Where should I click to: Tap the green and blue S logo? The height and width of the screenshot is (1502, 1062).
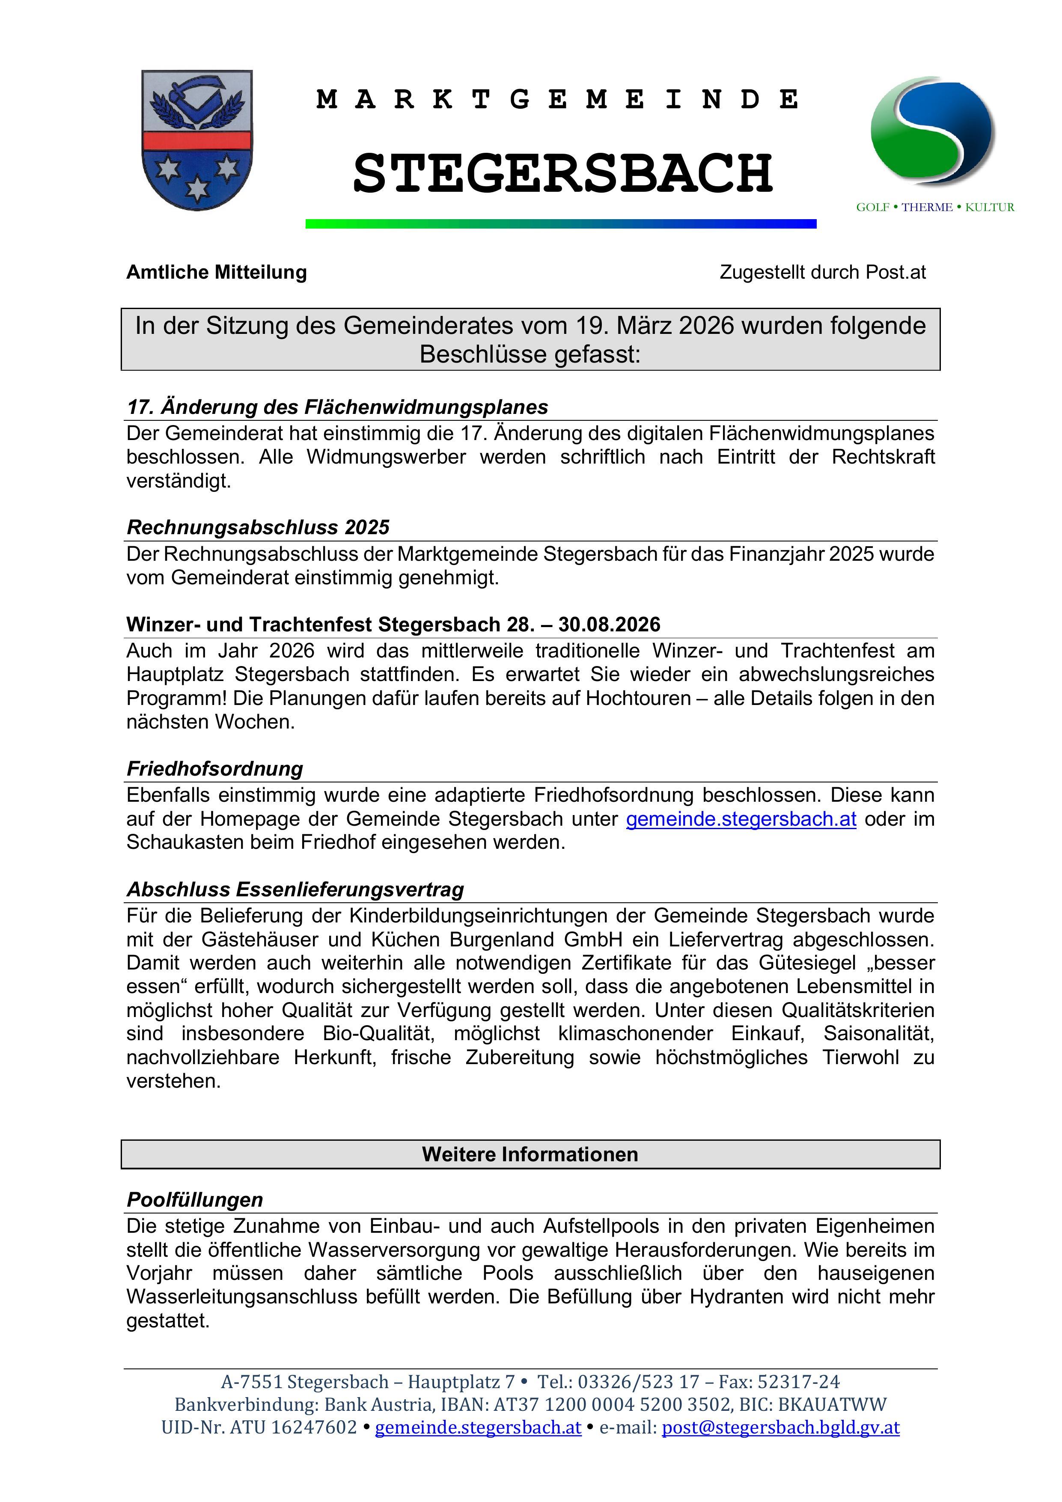coord(932,131)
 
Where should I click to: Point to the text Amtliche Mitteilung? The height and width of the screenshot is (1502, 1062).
coord(217,272)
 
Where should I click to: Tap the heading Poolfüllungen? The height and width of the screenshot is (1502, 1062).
coord(195,1200)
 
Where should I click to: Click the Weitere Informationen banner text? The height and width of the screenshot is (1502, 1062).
coord(530,1154)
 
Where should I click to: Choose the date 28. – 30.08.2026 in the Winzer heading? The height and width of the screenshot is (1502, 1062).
coord(584,625)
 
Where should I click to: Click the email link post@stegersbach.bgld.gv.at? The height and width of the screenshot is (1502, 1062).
coord(781,1428)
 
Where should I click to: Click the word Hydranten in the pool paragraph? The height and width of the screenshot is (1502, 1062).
coord(735,1297)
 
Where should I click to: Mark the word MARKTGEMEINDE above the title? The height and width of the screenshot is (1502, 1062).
coord(557,99)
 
